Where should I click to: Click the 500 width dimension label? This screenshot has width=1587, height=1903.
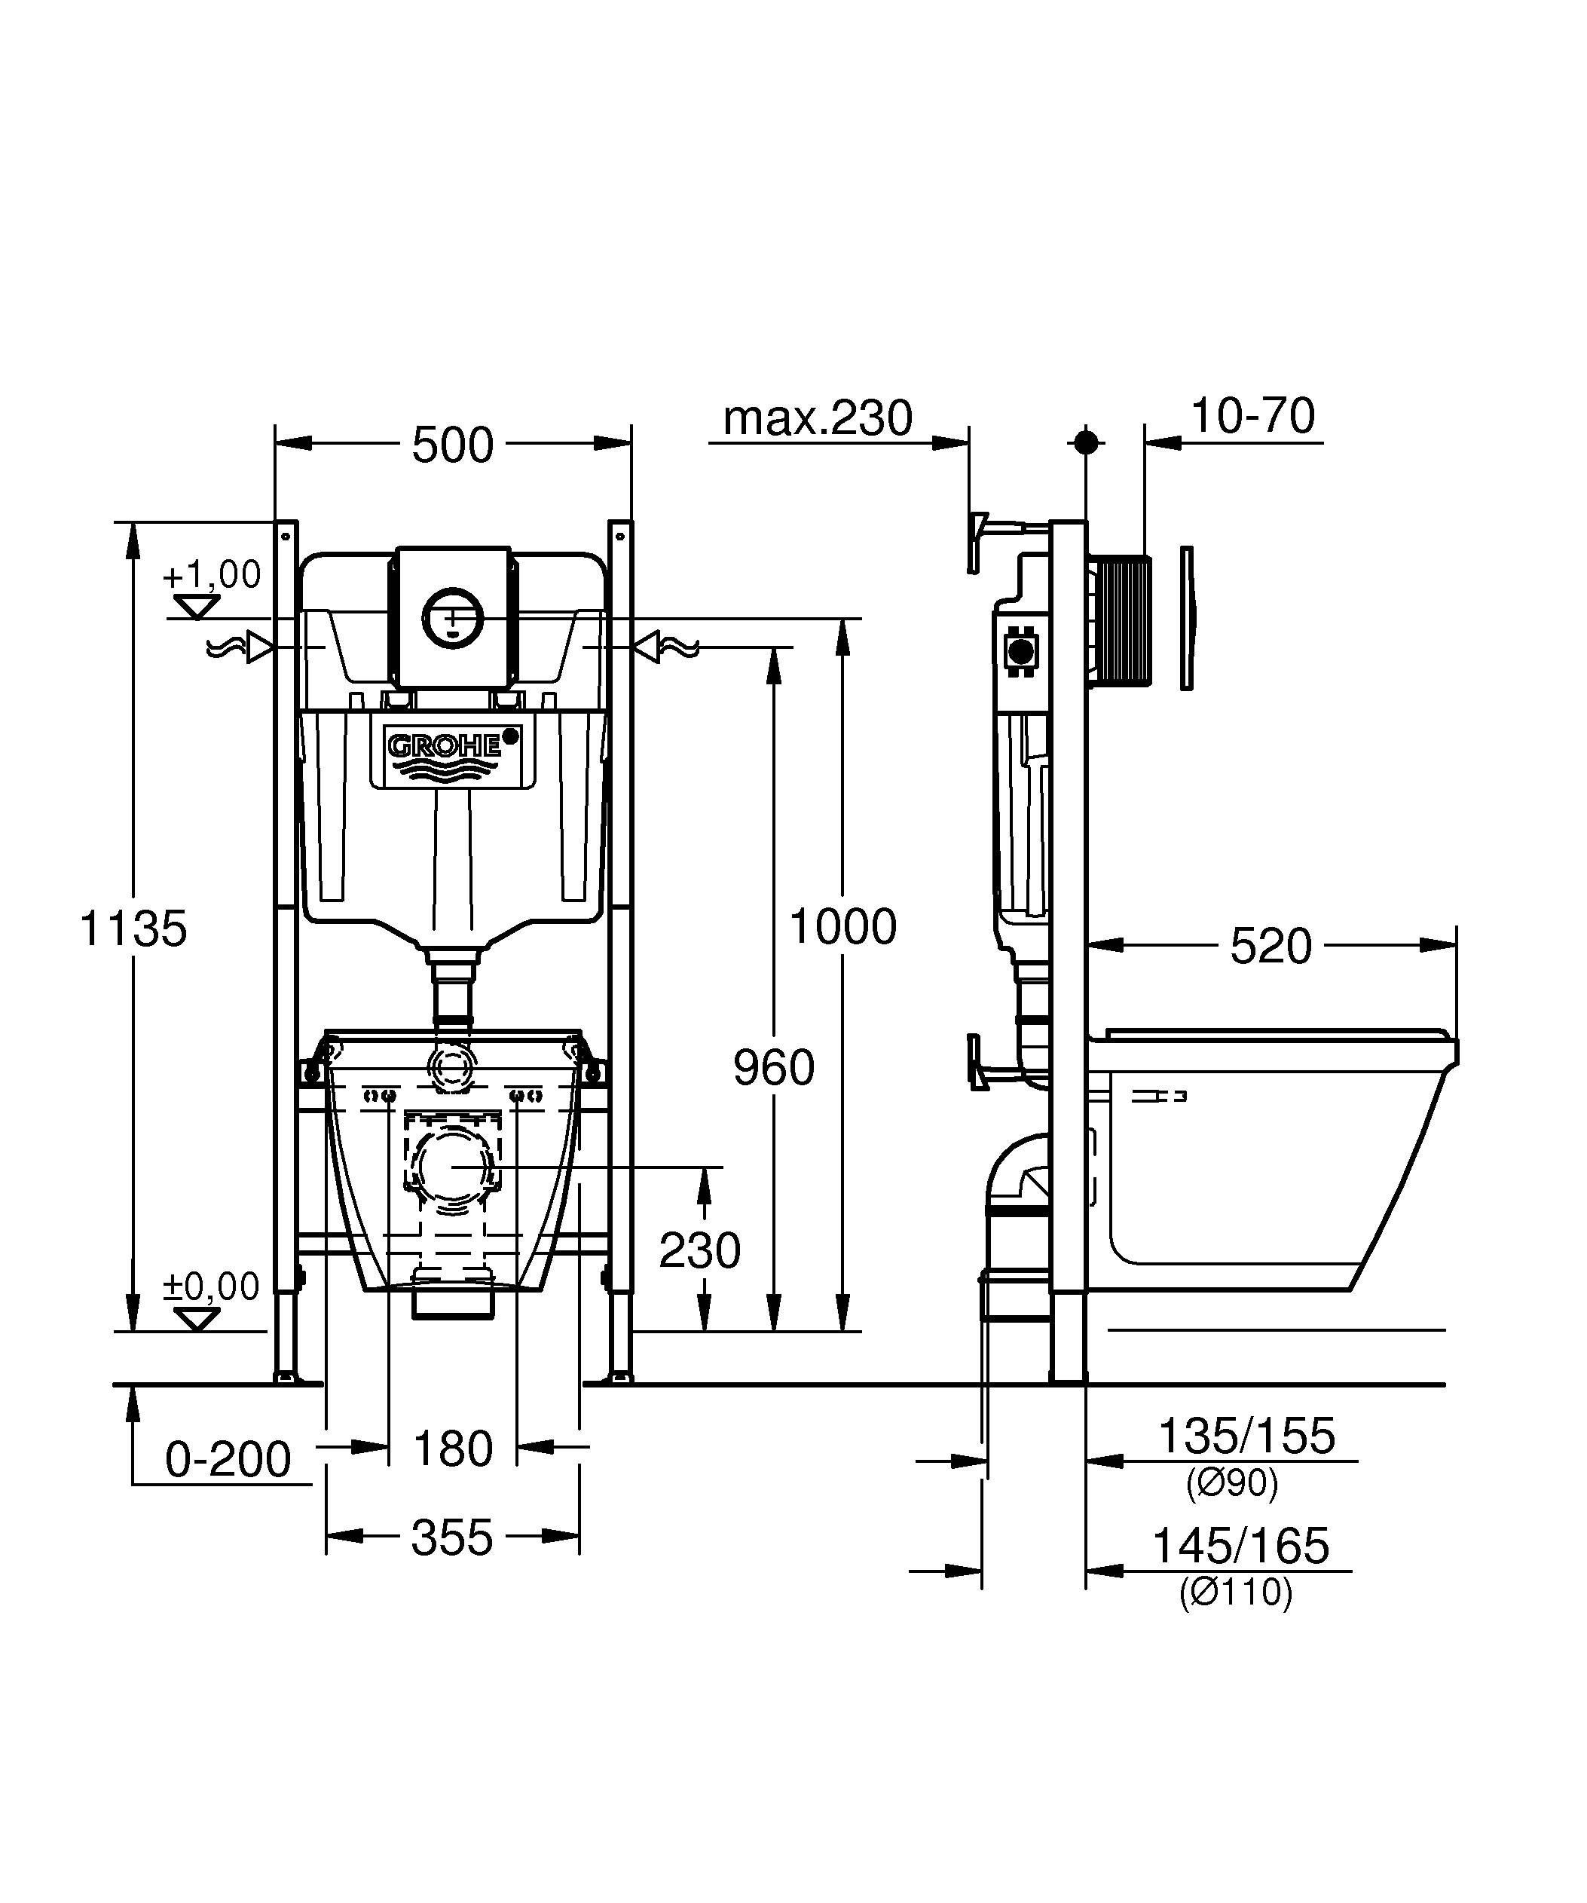click(452, 445)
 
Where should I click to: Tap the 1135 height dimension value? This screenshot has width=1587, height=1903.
click(133, 929)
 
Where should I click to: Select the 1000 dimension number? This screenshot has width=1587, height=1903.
click(842, 927)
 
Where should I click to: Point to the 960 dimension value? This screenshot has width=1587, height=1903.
click(774, 1067)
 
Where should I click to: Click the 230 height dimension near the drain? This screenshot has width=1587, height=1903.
click(699, 1251)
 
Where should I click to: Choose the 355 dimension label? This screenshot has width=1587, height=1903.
click(452, 1537)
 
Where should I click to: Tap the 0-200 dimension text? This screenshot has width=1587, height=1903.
click(228, 1460)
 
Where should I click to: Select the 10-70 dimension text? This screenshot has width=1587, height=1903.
click(1252, 417)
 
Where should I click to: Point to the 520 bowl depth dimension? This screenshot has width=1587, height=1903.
click(1270, 947)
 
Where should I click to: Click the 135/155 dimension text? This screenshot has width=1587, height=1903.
click(1246, 1436)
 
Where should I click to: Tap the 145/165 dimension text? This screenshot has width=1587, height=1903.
click(1240, 1546)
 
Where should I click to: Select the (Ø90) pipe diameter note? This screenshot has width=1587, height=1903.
click(1232, 1483)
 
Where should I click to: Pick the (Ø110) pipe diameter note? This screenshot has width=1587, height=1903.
click(1236, 1592)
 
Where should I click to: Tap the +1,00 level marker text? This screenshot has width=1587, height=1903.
click(212, 574)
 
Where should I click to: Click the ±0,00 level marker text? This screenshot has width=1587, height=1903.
click(211, 1286)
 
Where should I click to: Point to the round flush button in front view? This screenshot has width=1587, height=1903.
click(453, 617)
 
